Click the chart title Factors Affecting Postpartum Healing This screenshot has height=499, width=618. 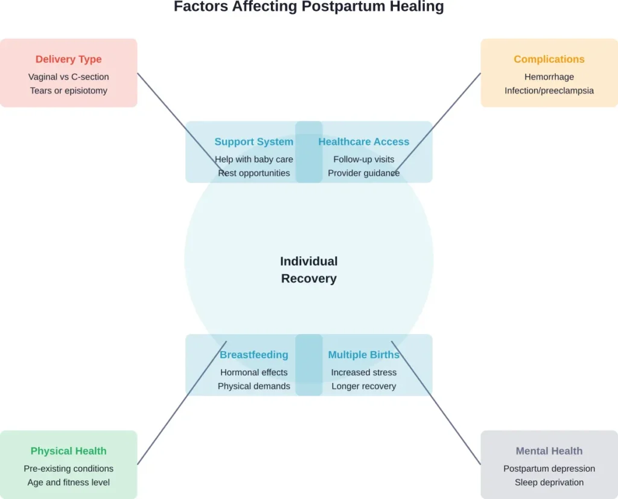pyautogui.click(x=308, y=7)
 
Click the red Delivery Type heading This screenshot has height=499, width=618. pyautogui.click(x=68, y=59)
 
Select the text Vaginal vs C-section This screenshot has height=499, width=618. pyautogui.click(x=68, y=77)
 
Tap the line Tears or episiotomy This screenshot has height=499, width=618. pyautogui.click(x=68, y=91)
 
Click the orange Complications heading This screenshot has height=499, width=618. pyautogui.click(x=549, y=59)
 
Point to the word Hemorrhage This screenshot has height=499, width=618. pyautogui.click(x=549, y=77)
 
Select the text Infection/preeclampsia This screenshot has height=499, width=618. pyautogui.click(x=549, y=91)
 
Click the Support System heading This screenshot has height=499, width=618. pyautogui.click(x=253, y=142)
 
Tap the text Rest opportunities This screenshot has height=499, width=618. pyautogui.click(x=253, y=173)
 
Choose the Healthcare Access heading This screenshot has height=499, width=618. pyautogui.click(x=363, y=142)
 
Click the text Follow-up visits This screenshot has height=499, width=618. pyautogui.click(x=363, y=159)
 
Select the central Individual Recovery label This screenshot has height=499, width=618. pyautogui.click(x=308, y=269)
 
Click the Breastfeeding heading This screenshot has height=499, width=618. pyautogui.click(x=253, y=355)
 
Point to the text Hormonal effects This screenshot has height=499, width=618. pyautogui.click(x=253, y=372)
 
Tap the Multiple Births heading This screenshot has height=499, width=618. pyautogui.click(x=363, y=355)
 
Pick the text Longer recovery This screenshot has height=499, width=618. pyautogui.click(x=363, y=386)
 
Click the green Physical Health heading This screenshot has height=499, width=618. pyautogui.click(x=68, y=451)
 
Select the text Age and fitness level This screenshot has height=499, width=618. pyautogui.click(x=68, y=482)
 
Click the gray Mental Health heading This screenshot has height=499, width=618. pyautogui.click(x=549, y=451)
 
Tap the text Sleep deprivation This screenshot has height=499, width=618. pyautogui.click(x=549, y=482)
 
